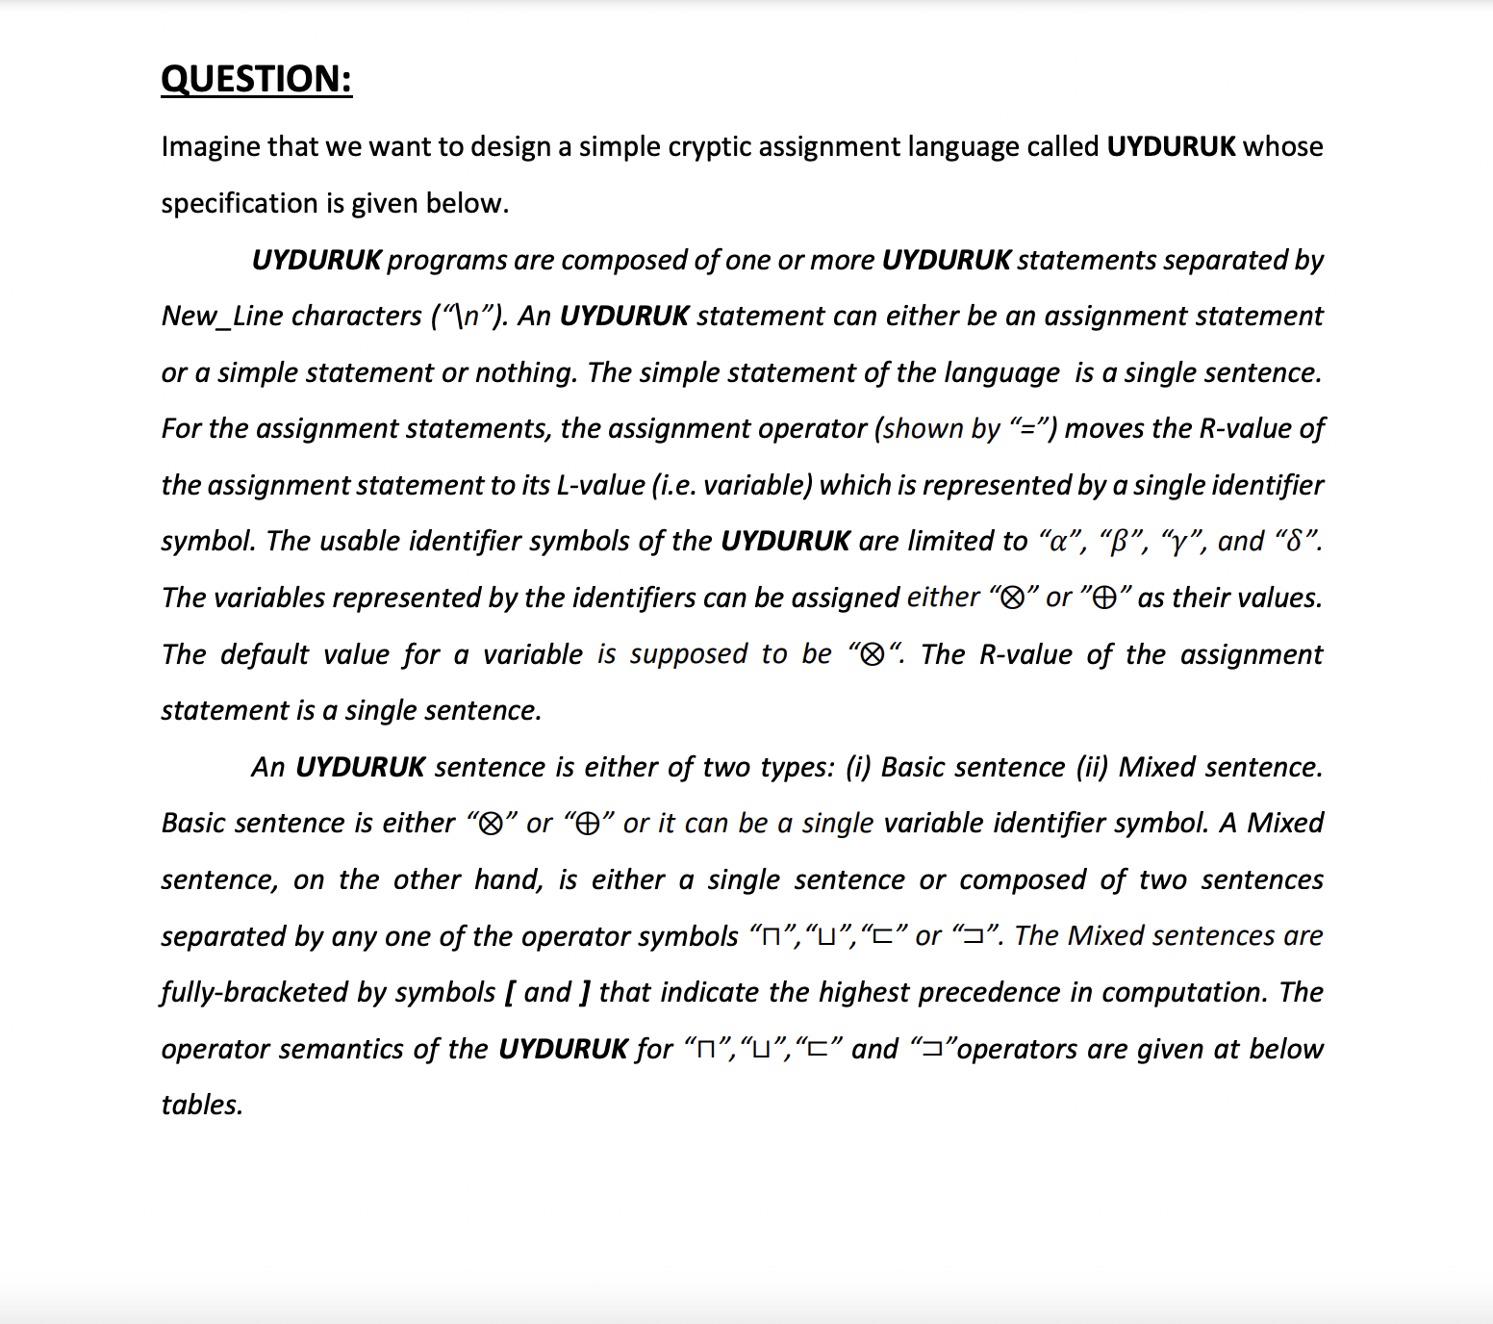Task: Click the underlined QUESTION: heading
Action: click(x=256, y=79)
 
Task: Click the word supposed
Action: click(x=689, y=654)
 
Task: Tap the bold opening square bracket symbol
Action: click(x=508, y=992)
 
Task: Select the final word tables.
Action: click(x=202, y=1105)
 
